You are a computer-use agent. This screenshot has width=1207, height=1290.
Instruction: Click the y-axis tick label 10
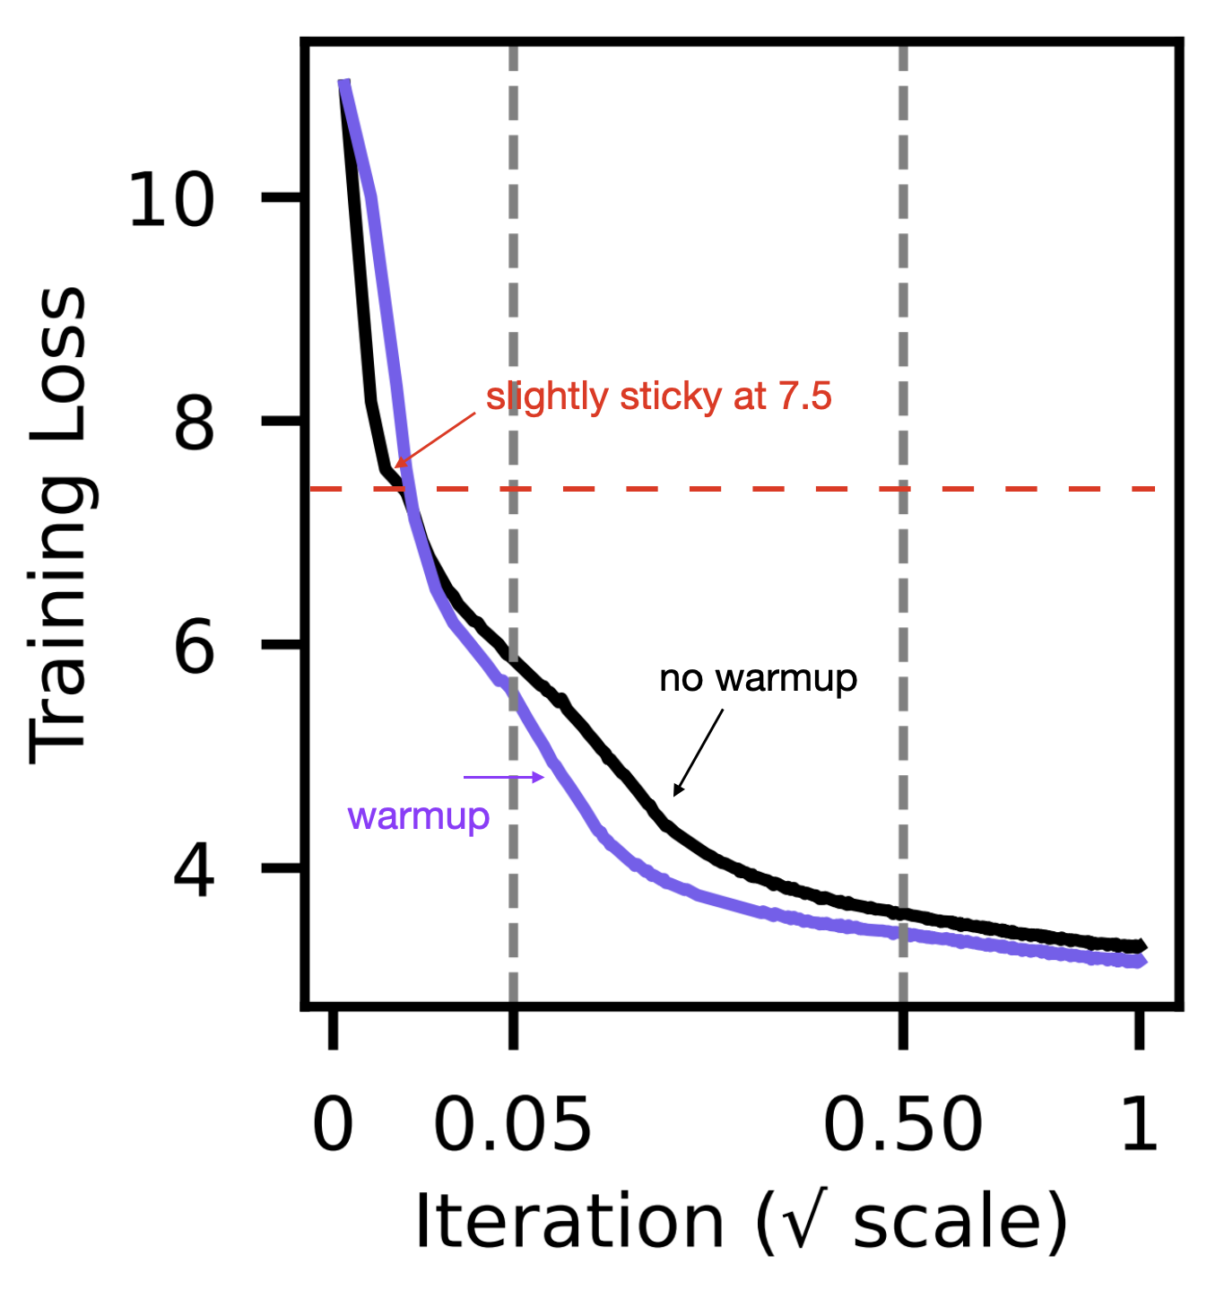(x=171, y=199)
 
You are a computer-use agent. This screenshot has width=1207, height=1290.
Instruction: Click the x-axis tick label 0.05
(x=512, y=1125)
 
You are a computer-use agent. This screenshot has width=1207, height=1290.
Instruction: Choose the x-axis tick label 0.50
(x=902, y=1125)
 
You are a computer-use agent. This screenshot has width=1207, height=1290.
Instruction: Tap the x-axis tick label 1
(x=1140, y=1125)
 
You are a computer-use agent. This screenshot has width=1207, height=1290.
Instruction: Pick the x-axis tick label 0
(x=333, y=1125)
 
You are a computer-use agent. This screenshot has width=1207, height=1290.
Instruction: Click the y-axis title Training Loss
(x=59, y=525)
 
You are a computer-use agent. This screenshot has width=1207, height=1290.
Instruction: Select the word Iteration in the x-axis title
(x=569, y=1222)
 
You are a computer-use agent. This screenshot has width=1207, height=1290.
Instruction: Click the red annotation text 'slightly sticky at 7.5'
(x=659, y=397)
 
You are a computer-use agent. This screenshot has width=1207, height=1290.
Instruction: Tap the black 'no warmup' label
(x=758, y=679)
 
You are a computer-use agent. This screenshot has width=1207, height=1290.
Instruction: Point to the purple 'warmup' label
(x=418, y=816)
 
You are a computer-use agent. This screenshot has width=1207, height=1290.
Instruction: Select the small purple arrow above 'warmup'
(x=504, y=777)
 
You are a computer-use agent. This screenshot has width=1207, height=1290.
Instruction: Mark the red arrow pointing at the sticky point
(x=435, y=440)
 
